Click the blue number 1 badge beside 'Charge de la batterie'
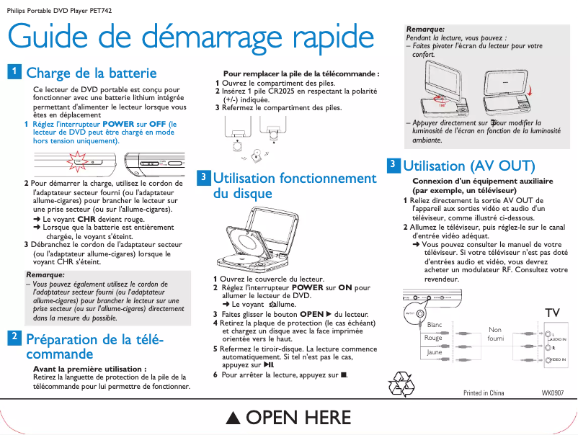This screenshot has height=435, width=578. click(x=14, y=71)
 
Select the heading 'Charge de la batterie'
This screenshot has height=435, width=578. click(x=91, y=73)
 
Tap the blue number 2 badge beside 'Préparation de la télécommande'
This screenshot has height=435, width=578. click(x=14, y=336)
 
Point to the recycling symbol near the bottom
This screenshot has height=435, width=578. click(x=400, y=384)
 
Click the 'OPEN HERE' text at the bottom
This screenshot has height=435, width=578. click(x=288, y=417)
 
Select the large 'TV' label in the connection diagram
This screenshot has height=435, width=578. click(x=552, y=312)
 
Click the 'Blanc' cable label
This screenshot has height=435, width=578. click(x=435, y=325)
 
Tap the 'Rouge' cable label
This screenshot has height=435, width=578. click(x=433, y=338)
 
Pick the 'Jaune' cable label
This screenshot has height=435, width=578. click(x=434, y=352)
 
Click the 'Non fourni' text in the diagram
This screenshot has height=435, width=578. click(x=495, y=334)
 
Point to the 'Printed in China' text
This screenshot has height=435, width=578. click(x=483, y=393)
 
